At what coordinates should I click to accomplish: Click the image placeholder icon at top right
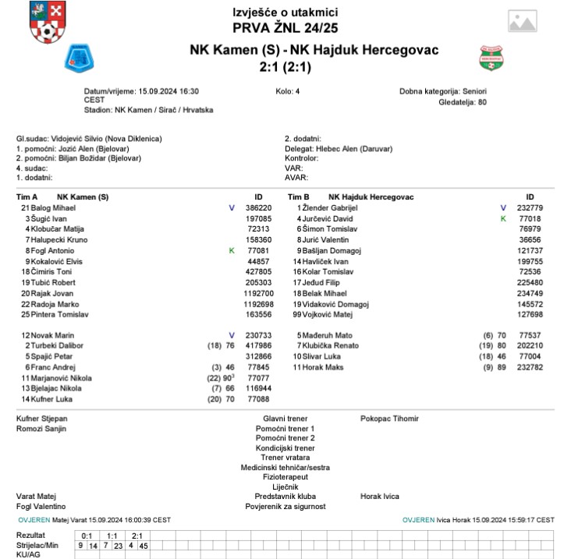point(530,22)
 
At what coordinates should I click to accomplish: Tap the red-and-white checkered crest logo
point(44,23)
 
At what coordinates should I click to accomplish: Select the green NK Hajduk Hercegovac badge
point(491,57)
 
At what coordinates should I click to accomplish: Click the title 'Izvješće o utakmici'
point(285,12)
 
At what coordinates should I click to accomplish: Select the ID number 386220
point(258,209)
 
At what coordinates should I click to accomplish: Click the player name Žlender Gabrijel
point(330,209)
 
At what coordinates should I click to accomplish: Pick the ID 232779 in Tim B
point(530,209)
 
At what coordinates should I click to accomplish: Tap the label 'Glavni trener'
point(284,419)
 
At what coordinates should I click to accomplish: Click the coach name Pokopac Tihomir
point(389,419)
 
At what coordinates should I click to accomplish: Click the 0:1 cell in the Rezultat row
point(87,536)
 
